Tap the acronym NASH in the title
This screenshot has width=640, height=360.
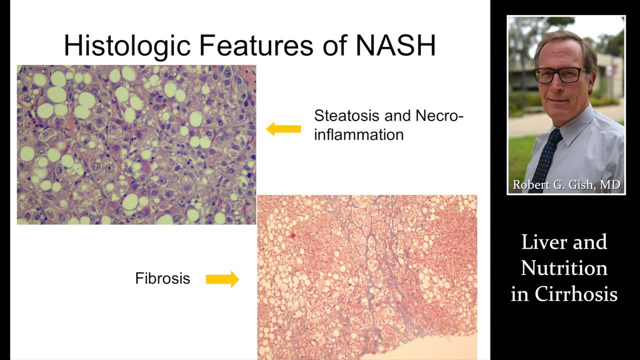(395, 45)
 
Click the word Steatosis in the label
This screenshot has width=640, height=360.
(346, 115)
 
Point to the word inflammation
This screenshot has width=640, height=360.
(359, 134)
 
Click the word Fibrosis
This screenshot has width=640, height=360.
(162, 278)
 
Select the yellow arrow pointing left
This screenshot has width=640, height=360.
(283, 129)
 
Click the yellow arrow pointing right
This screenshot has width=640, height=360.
(222, 279)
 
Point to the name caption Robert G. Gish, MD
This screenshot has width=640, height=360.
(566, 184)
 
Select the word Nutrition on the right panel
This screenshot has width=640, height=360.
(564, 268)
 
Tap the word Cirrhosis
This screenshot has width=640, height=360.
(576, 293)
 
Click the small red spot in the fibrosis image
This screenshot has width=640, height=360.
(292, 235)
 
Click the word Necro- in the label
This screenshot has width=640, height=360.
(439, 115)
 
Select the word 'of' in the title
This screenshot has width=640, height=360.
(334, 45)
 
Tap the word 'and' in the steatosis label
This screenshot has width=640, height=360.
(397, 115)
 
